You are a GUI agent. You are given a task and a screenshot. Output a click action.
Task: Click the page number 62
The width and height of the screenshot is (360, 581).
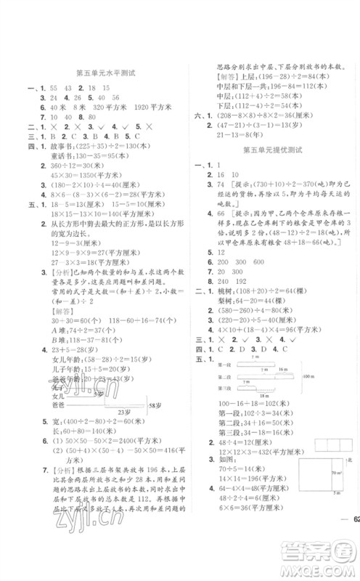tap(353, 537)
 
